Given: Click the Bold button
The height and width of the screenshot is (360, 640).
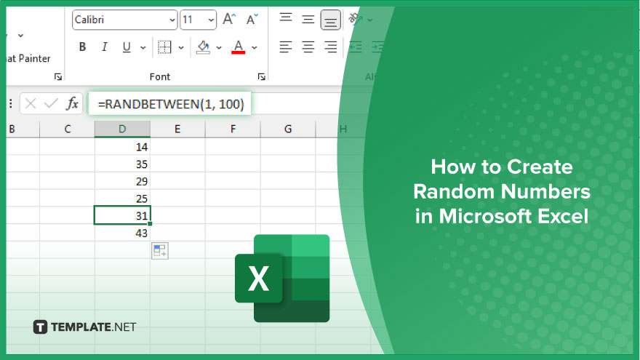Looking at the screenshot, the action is (82, 47).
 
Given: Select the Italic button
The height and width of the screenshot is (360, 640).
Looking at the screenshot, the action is (105, 47).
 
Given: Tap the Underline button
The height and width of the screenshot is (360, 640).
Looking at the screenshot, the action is (127, 47).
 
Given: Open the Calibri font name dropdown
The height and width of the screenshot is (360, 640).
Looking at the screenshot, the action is (125, 20).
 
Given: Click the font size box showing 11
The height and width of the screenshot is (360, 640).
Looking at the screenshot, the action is (198, 20).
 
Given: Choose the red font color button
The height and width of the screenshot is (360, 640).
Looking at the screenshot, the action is (239, 47).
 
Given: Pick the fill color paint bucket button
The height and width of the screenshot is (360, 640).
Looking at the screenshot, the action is (203, 47).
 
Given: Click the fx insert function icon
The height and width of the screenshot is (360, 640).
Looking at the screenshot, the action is (72, 104).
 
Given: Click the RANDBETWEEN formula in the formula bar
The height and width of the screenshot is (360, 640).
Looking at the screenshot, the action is (171, 104).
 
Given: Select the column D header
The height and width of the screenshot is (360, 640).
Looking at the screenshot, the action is (122, 129).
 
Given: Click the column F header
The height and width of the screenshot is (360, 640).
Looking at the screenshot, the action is (233, 129).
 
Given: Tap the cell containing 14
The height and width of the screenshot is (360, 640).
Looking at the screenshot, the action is (122, 147).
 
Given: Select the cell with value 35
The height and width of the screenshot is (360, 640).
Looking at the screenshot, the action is (122, 164).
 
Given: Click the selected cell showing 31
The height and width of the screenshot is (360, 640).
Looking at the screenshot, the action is (122, 215).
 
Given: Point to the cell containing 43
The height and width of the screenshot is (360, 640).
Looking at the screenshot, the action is (122, 233).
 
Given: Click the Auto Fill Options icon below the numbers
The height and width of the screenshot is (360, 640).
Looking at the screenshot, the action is (159, 251).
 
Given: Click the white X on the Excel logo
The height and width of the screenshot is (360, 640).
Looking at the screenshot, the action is (258, 279).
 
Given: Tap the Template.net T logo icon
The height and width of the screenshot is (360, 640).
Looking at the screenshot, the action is (40, 327).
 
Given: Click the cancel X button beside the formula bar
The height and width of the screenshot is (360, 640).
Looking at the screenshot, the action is (31, 104).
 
